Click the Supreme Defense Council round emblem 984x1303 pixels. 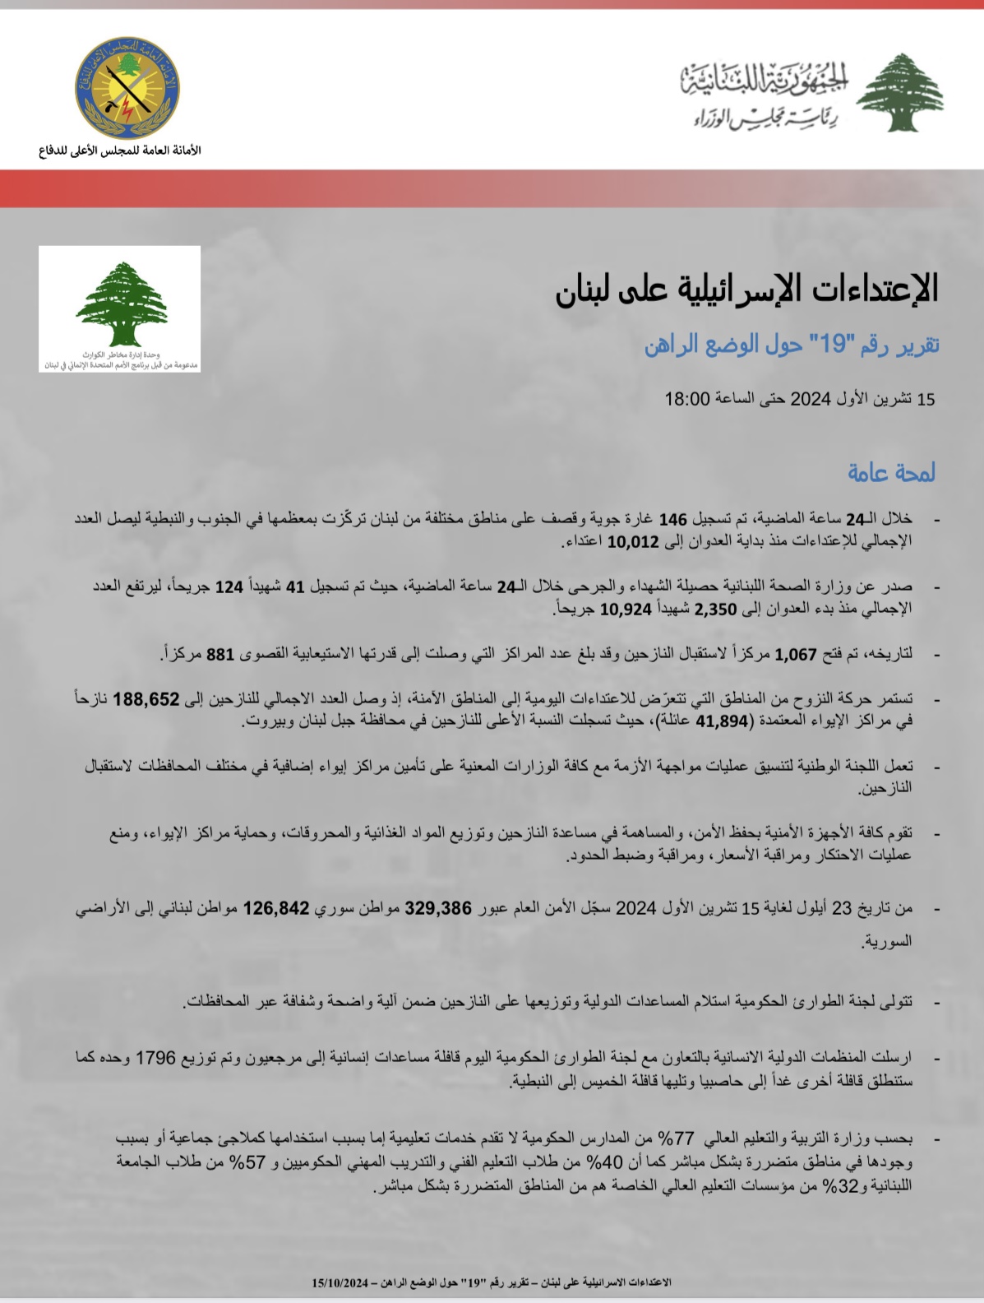click(x=127, y=89)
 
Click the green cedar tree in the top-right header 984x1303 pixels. click(x=899, y=92)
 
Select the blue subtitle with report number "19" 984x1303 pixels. click(x=792, y=345)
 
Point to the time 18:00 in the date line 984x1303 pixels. click(x=686, y=400)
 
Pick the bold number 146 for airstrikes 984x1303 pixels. click(x=672, y=520)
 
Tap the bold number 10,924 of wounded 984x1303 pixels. click(x=626, y=610)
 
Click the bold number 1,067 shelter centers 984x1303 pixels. click(x=796, y=655)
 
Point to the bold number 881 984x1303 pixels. click(x=220, y=655)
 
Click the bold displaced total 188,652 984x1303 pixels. click(x=146, y=699)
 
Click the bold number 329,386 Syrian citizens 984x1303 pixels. click(x=438, y=908)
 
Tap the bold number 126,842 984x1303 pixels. click(x=275, y=908)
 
